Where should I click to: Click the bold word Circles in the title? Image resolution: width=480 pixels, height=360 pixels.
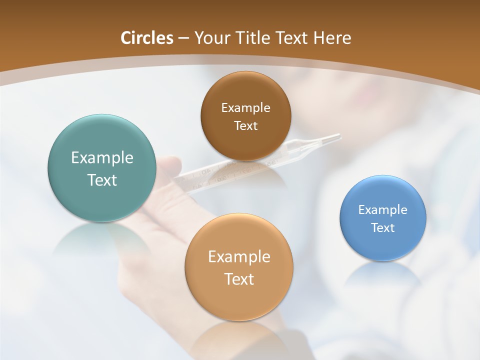pyautogui.click(x=146, y=38)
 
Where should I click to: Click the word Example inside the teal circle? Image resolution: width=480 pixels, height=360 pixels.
pyautogui.click(x=102, y=158)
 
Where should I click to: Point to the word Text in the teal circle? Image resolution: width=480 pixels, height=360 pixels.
pyautogui.click(x=102, y=180)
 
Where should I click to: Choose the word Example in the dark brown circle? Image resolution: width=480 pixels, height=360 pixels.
pyautogui.click(x=245, y=107)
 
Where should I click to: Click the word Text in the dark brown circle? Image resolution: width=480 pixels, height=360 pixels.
pyautogui.click(x=245, y=125)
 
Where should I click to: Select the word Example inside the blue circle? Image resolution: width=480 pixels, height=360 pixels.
pyautogui.click(x=383, y=209)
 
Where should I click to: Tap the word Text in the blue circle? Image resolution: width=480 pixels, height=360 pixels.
pyautogui.click(x=383, y=227)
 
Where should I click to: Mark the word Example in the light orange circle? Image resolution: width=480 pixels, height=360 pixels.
pyautogui.click(x=239, y=256)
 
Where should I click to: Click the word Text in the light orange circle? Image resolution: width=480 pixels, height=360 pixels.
pyautogui.click(x=239, y=278)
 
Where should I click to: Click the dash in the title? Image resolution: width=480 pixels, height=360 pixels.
pyautogui.click(x=183, y=38)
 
